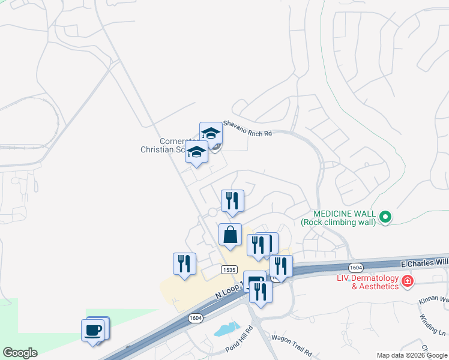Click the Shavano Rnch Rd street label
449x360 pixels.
[x=247, y=128]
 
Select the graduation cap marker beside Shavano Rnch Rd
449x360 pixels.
[x=211, y=134]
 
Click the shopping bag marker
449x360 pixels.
[x=230, y=235]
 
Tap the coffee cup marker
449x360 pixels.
[x=93, y=330]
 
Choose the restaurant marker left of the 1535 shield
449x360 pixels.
[x=184, y=264]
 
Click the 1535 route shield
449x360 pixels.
[x=228, y=270]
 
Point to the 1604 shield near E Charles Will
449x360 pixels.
[x=356, y=266]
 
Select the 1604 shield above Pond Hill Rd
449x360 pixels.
[x=194, y=318]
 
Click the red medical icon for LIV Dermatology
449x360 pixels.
[x=408, y=281]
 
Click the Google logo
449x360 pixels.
[x=20, y=353]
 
